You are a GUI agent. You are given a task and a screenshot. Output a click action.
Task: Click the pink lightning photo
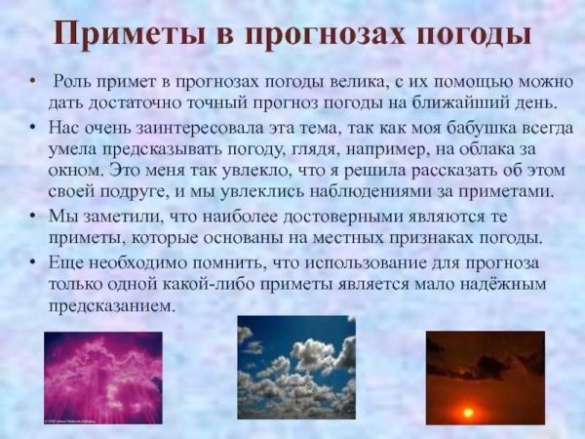(x=103, y=377)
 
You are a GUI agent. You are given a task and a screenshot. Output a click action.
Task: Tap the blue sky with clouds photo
(x=295, y=367)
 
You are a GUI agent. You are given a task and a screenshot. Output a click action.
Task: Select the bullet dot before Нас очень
(x=34, y=128)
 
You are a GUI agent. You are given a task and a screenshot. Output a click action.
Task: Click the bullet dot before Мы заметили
(x=34, y=217)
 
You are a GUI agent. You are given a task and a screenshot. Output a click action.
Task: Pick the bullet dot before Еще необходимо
(x=34, y=261)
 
